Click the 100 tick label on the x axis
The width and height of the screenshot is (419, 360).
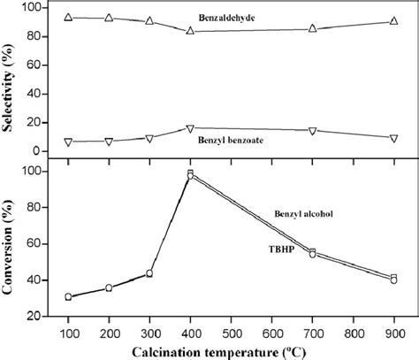click(68, 329)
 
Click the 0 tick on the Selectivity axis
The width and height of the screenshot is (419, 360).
click(36, 151)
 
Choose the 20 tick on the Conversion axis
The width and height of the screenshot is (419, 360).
click(33, 316)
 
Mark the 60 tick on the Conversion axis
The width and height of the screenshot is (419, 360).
click(33, 244)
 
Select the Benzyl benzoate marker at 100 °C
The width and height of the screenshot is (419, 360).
click(68, 142)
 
